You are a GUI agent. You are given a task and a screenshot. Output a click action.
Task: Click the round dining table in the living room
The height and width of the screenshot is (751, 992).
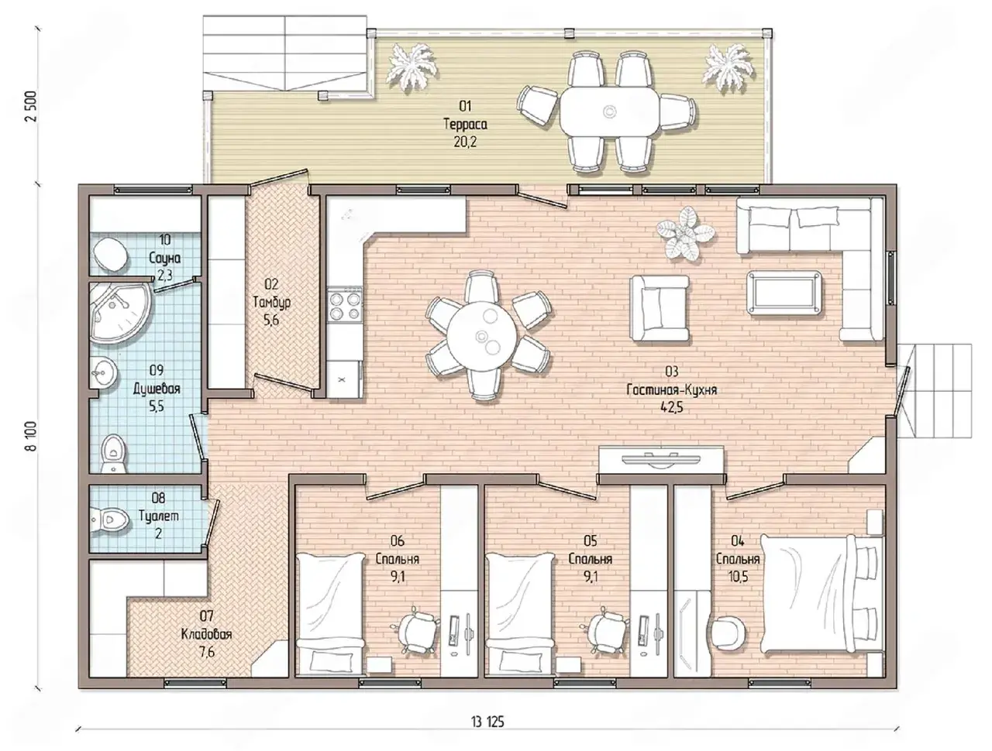(482, 336)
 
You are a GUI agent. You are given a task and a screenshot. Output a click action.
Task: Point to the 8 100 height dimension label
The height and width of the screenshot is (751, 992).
(31, 437)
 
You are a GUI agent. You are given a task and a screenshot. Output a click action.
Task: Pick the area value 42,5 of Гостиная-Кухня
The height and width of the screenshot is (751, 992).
(672, 407)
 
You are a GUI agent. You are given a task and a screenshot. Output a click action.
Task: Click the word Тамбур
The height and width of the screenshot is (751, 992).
(271, 302)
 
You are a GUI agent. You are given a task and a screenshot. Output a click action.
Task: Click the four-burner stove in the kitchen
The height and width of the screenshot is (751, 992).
(346, 306)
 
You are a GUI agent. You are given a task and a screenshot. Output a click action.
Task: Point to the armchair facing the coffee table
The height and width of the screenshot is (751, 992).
(660, 308)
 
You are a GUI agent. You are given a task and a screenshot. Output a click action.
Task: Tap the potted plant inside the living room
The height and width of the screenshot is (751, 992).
(685, 233)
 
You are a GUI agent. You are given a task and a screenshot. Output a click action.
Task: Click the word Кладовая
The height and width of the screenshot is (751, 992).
(206, 634)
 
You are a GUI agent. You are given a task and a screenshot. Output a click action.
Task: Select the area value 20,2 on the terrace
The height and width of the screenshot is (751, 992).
(465, 142)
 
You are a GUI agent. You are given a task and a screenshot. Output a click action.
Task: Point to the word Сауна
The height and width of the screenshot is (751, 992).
(165, 258)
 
